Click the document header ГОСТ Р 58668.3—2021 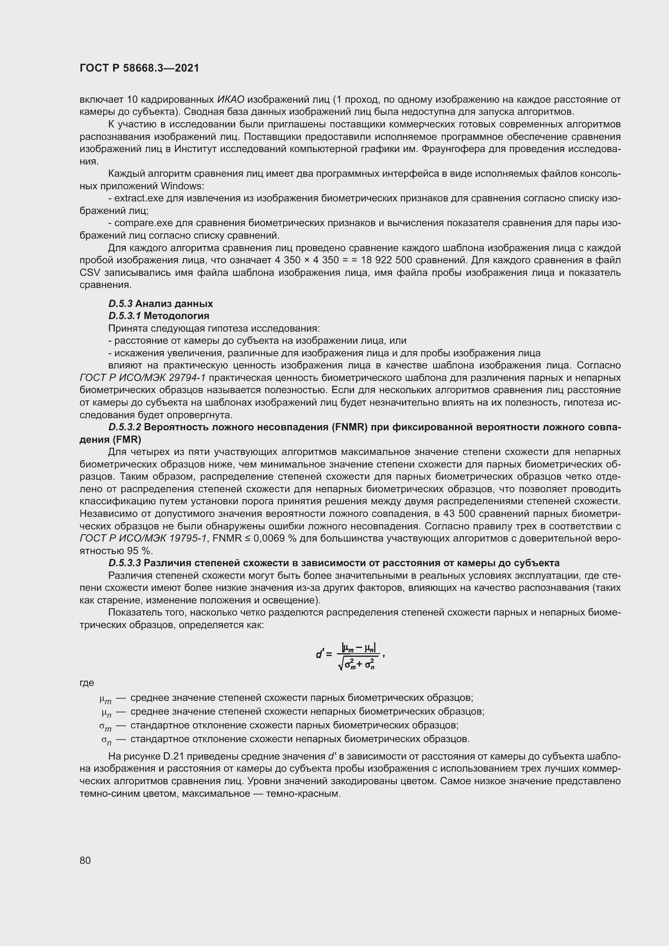pos(139,68)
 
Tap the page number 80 pos(85,860)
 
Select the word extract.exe pos(139,198)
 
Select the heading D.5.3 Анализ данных pos(161,304)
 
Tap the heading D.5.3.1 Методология pos(159,316)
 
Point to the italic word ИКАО pos(231,99)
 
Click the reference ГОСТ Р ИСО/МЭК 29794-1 pos(142,378)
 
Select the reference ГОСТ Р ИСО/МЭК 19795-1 pos(142,538)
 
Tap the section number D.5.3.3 pos(125,563)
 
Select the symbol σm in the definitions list pos(106,726)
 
